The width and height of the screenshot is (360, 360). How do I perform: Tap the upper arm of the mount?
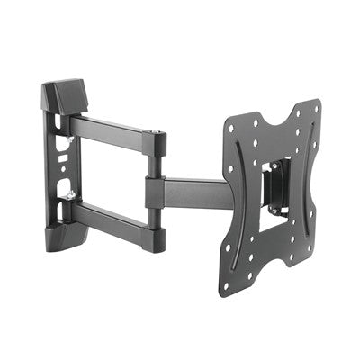pos(112,130)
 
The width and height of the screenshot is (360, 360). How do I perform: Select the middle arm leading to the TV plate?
pos(193,191)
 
